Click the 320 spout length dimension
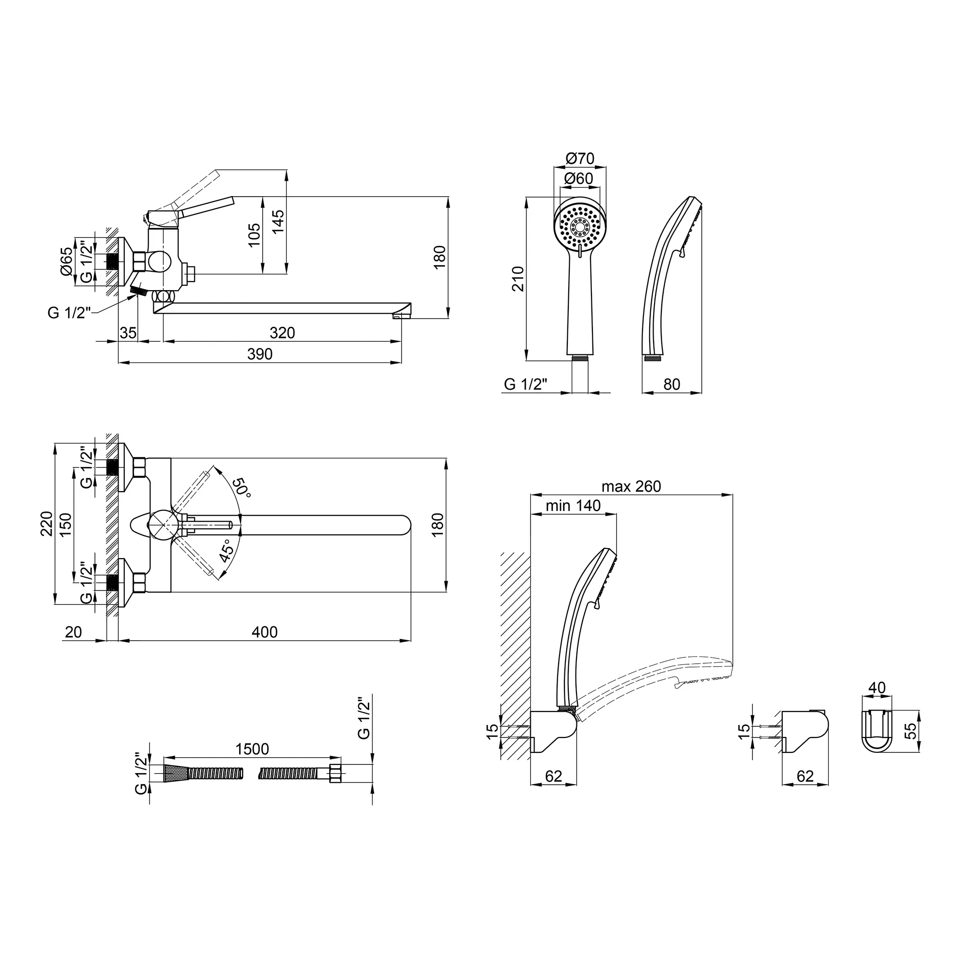tap(282, 333)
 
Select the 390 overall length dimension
tap(260, 354)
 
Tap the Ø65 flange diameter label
tap(67, 261)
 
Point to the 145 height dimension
tap(279, 222)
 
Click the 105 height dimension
tap(254, 235)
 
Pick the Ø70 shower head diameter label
tap(580, 159)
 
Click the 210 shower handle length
tap(519, 279)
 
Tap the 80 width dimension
tap(672, 384)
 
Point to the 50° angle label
tap(241, 487)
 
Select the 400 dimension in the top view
tap(265, 632)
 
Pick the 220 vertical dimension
tap(46, 524)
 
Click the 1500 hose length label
tap(252, 749)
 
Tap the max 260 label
tap(631, 486)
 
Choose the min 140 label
tap(573, 506)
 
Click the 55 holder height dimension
tap(911, 731)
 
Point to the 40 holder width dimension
tap(877, 688)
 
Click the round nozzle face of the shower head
tap(580, 227)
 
